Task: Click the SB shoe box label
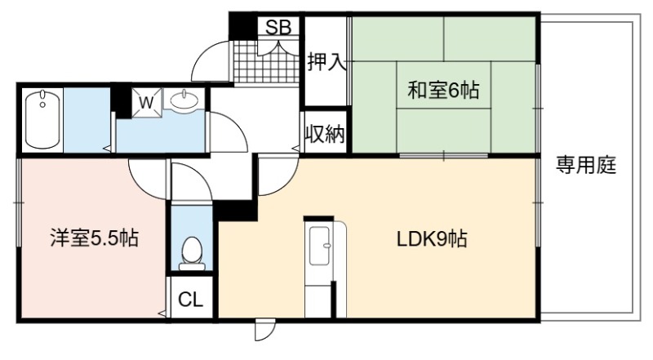click(x=278, y=27)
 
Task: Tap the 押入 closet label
click(x=327, y=62)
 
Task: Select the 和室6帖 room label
click(x=443, y=90)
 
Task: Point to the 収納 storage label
click(x=325, y=134)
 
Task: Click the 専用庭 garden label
click(x=586, y=165)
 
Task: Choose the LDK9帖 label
click(x=432, y=239)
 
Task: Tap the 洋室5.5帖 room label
click(x=94, y=238)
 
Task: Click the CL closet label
click(x=190, y=299)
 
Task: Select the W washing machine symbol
click(x=147, y=102)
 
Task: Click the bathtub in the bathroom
click(x=42, y=119)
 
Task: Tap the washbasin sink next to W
click(x=183, y=100)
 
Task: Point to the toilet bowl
click(x=192, y=253)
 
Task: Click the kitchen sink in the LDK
click(x=320, y=246)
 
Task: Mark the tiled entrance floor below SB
click(x=265, y=62)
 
